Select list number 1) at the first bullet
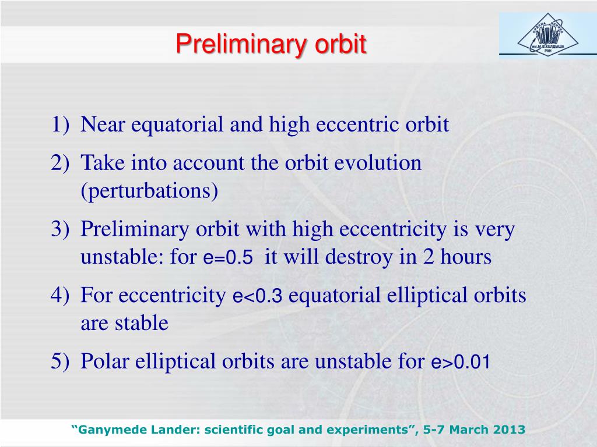coord(60,125)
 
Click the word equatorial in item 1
coord(177,125)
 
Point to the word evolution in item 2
coord(378,163)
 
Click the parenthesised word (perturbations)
coord(149,191)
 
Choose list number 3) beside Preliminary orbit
coord(60,229)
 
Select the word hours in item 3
coord(466,257)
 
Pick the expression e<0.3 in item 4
coord(257,296)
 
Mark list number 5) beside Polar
coord(60,361)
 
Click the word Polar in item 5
coord(105,361)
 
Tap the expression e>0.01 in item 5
coord(461,361)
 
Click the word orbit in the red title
coord(340,45)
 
